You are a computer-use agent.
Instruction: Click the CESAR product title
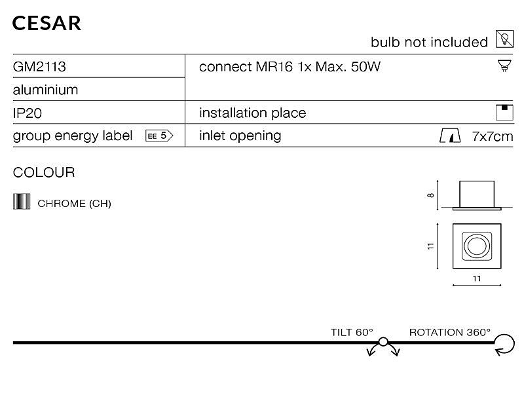click(x=47, y=23)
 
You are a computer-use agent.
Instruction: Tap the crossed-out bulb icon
click(x=504, y=39)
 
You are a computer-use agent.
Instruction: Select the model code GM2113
click(x=39, y=67)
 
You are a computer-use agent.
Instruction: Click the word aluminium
click(x=45, y=90)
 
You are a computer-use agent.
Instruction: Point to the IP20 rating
click(x=28, y=113)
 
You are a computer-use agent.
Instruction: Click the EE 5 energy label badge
click(x=159, y=136)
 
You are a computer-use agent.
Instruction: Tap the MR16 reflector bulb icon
click(x=504, y=66)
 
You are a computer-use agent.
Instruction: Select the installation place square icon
click(x=504, y=113)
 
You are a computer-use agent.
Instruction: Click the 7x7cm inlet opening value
click(x=493, y=136)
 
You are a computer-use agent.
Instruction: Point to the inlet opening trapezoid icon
click(x=450, y=136)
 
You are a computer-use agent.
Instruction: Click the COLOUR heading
click(x=44, y=172)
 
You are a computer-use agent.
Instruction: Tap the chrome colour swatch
click(x=22, y=202)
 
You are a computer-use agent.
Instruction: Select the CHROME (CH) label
click(x=74, y=204)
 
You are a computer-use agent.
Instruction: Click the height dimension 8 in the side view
click(x=431, y=195)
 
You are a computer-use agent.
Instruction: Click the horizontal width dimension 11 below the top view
click(x=477, y=278)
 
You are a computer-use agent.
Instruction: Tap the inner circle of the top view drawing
click(x=477, y=246)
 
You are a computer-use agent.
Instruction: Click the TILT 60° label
click(x=352, y=333)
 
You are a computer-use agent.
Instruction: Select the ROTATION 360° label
click(x=450, y=333)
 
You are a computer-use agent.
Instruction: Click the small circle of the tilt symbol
click(x=383, y=342)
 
